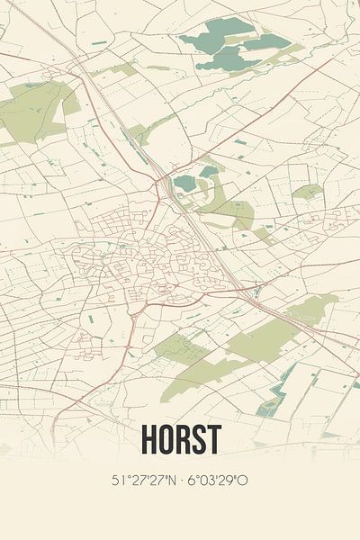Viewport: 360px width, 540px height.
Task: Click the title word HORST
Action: [x=180, y=439]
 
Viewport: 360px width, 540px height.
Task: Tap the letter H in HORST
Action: [x=148, y=439]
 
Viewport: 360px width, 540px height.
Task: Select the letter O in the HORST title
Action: [x=166, y=439]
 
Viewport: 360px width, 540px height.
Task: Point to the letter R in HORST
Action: [x=182, y=439]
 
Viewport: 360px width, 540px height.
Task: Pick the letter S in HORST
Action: [x=198, y=439]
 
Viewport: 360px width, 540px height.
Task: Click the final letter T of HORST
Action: [x=213, y=439]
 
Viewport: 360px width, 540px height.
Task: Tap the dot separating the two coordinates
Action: [x=182, y=481]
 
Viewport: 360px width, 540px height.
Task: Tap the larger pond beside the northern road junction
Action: [x=185, y=183]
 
